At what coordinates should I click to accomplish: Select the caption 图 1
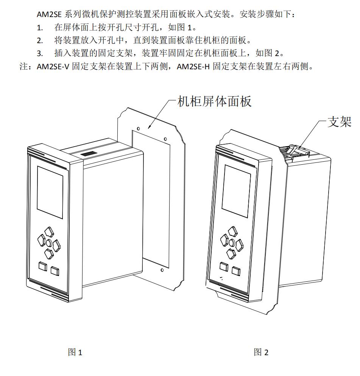75,353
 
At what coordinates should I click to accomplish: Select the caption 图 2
261,353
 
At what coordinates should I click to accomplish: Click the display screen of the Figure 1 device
50,192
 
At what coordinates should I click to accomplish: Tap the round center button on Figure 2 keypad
232,241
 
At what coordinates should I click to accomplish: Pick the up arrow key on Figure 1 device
48,231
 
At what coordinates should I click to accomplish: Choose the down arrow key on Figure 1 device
49,252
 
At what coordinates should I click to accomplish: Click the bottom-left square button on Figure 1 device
42,266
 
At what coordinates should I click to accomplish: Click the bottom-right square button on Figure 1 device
55,270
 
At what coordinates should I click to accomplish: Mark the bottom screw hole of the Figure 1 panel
162,270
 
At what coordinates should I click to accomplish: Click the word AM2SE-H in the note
198,67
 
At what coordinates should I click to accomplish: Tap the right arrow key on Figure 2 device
239,244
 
